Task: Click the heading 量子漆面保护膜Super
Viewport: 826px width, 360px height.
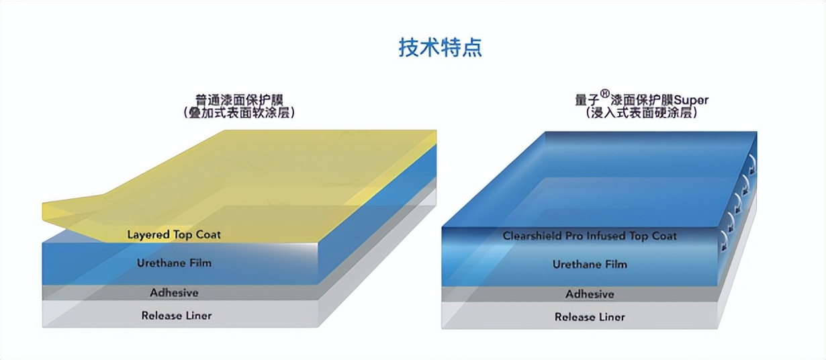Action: (x=641, y=100)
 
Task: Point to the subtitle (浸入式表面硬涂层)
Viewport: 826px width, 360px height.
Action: (x=641, y=114)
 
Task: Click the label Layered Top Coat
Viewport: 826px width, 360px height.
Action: (x=174, y=234)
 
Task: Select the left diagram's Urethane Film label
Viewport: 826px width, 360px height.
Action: (x=174, y=263)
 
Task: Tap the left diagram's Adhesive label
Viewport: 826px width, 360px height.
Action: (x=174, y=293)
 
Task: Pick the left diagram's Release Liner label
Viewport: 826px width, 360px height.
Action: (x=176, y=315)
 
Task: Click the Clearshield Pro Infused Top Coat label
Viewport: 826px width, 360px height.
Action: (x=590, y=236)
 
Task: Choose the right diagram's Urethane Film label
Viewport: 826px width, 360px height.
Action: (x=590, y=264)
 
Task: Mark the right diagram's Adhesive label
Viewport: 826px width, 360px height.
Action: (x=590, y=294)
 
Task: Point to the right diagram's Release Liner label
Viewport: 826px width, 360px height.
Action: (x=590, y=317)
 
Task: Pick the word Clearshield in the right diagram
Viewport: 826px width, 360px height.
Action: (x=531, y=236)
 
